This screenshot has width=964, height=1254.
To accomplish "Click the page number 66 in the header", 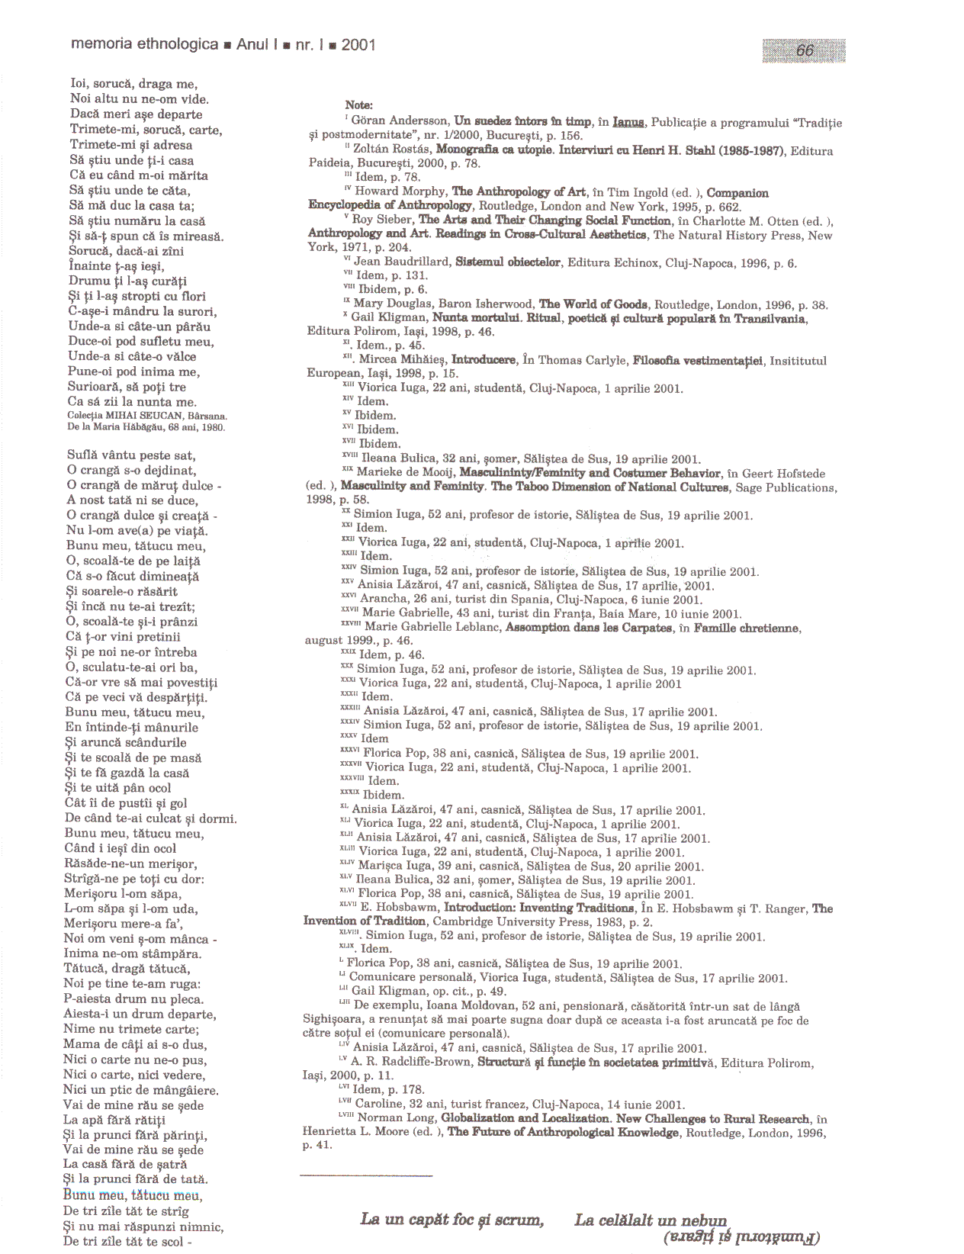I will (805, 50).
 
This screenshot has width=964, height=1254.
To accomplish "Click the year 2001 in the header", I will (358, 45).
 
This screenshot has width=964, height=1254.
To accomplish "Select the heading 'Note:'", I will (358, 105).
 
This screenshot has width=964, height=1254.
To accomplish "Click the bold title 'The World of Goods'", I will (593, 304).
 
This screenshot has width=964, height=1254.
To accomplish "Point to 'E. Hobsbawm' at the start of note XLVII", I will (399, 908).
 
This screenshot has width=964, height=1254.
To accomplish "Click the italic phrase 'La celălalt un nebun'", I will (651, 1220).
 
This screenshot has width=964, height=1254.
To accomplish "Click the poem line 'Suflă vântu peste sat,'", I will (131, 455).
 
